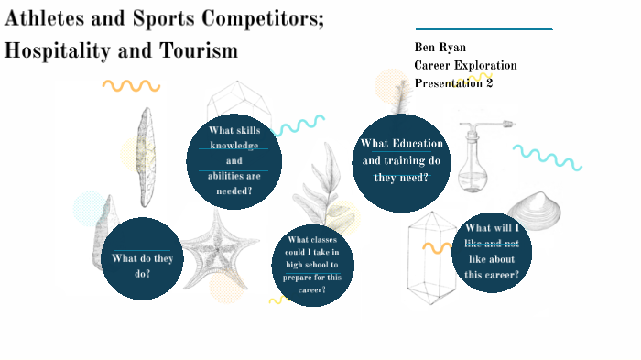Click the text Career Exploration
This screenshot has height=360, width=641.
pos(465,65)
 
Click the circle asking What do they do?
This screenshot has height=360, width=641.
pos(142,259)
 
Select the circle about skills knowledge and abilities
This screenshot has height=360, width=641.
pos(234,160)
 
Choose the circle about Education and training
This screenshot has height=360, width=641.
pos(401,160)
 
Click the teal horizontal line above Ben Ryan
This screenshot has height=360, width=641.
pos(483,29)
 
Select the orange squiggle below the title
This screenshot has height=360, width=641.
pos(131,86)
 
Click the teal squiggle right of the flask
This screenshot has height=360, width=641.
pos(547,157)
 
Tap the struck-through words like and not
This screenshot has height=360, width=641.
pos(492,244)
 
